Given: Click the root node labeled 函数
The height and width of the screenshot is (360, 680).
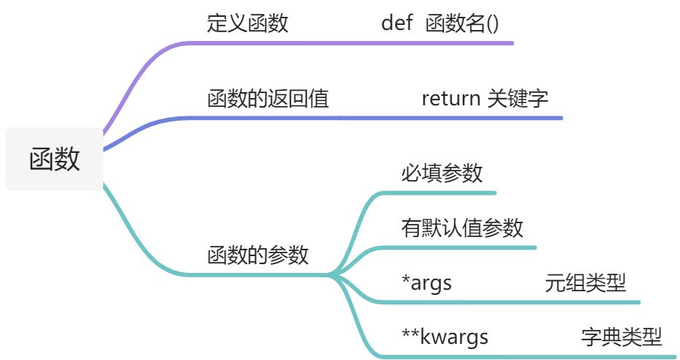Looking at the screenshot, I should [54, 159].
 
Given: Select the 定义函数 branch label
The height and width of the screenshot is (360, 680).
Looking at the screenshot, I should [247, 23].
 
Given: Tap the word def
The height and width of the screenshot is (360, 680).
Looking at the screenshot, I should [397, 23].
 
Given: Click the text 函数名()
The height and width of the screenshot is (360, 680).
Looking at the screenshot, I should [462, 23].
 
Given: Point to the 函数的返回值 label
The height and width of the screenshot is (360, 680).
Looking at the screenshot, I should [268, 98].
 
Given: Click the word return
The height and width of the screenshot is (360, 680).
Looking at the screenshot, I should [450, 98].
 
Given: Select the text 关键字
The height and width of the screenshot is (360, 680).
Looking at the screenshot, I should [518, 98].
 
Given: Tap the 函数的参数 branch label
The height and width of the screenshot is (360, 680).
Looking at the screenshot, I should [257, 255].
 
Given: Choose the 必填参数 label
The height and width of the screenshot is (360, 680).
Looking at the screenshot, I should [442, 173].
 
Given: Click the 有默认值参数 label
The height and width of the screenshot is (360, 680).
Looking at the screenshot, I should [462, 228].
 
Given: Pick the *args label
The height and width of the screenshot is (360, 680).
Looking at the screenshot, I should [426, 282].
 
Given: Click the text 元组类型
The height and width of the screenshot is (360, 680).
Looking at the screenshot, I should [585, 282].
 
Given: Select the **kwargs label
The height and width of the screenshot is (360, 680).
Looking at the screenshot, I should [445, 337].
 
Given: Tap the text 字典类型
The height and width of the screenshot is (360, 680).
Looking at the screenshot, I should [622, 337].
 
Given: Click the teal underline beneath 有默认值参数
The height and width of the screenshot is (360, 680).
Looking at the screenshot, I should [468, 247].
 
